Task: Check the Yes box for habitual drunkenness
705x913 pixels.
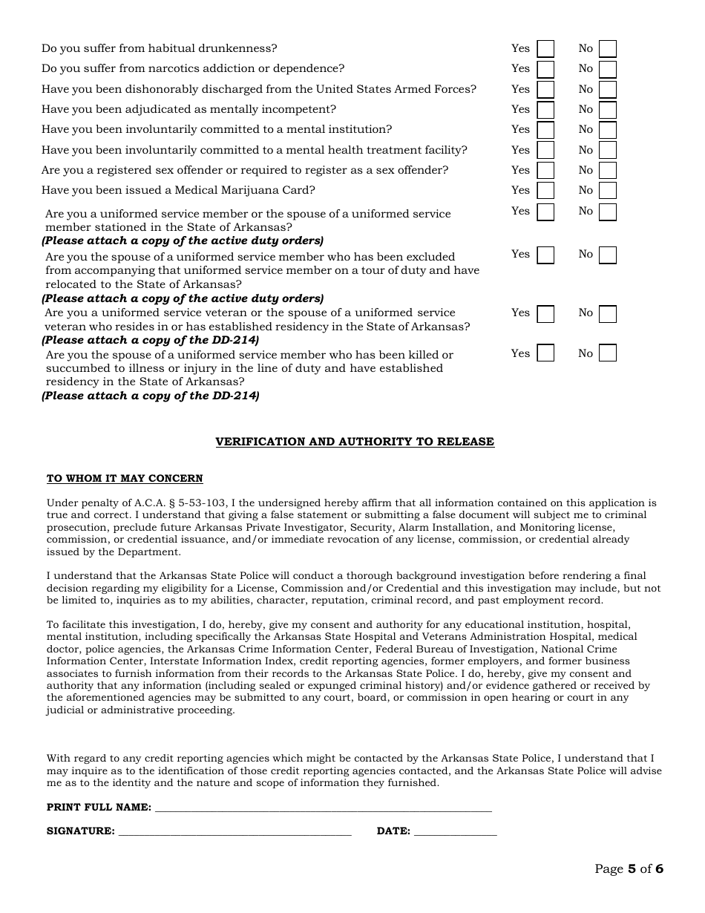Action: click(545, 49)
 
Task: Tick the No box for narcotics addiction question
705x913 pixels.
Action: click(608, 69)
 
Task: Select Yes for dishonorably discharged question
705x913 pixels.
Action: click(545, 90)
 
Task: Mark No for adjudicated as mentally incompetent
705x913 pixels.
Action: click(608, 110)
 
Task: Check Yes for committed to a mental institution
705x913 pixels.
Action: click(545, 130)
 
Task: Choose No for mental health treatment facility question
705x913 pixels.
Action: click(608, 151)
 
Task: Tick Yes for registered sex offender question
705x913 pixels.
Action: click(545, 171)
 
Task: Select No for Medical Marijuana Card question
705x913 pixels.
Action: click(608, 191)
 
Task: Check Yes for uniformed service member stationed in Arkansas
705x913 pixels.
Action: click(545, 212)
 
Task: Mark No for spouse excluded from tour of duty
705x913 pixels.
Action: click(608, 255)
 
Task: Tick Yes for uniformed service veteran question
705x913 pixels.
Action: click(545, 313)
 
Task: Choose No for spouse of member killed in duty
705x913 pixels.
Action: click(608, 353)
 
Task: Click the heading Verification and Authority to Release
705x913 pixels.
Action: click(355, 442)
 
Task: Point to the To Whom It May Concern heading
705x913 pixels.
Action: click(125, 479)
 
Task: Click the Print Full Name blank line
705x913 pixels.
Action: click(323, 808)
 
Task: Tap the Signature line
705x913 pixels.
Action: click(235, 831)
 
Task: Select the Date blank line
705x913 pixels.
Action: click(455, 831)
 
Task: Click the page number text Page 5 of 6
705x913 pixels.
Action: click(629, 869)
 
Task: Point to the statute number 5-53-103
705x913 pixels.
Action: click(203, 503)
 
